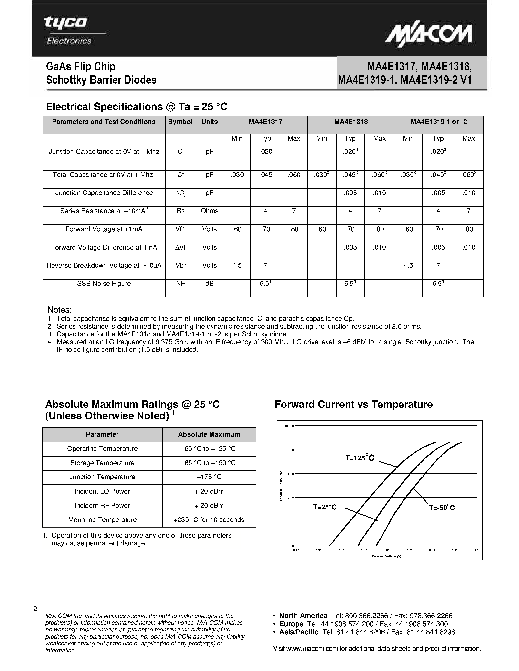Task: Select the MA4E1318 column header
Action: [351, 122]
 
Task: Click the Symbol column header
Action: [180, 122]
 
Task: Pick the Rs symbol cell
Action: [180, 211]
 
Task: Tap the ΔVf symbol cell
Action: [180, 247]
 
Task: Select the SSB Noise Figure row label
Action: [104, 284]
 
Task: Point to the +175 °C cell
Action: [209, 477]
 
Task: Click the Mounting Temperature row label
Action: [102, 519]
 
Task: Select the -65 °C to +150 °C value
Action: [209, 463]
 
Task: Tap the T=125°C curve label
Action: [360, 458]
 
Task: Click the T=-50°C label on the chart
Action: [442, 508]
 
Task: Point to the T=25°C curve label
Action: [325, 507]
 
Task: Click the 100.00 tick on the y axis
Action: [289, 426]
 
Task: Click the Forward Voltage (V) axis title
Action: [386, 556]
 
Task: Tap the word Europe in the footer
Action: [291, 624]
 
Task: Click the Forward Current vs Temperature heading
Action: [354, 404]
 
